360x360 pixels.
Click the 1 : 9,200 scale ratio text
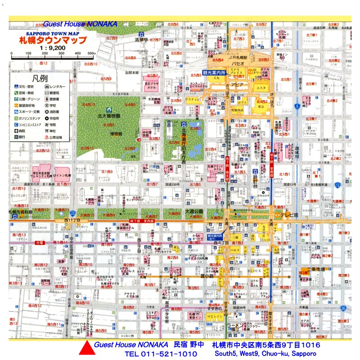[53, 47]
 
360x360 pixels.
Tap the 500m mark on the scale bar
[91, 54]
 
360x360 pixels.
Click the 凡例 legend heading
[40, 77]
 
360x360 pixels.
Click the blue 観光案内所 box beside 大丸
[213, 72]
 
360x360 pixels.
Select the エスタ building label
[261, 89]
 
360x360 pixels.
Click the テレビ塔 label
[289, 215]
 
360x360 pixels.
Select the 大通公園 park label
[194, 211]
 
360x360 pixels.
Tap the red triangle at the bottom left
[87, 349]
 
